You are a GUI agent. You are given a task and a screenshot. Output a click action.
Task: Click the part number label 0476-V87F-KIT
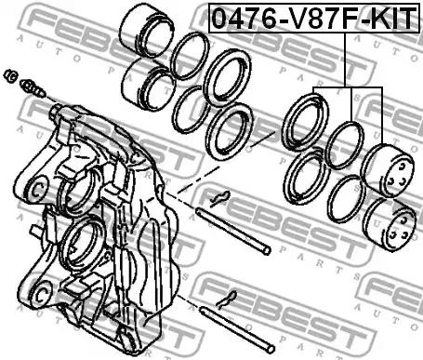point(314,18)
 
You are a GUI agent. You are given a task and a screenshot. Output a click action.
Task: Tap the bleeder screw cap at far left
point(10,76)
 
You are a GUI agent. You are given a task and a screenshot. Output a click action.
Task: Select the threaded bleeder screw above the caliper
point(33,88)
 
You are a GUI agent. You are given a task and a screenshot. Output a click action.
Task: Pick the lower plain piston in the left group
point(149,85)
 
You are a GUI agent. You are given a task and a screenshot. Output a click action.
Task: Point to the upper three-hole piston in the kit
point(387,170)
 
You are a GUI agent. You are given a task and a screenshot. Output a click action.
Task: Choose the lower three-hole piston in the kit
point(390,224)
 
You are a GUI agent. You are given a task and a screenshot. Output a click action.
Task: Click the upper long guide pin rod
point(233,232)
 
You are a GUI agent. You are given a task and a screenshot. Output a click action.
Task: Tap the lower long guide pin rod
point(237,329)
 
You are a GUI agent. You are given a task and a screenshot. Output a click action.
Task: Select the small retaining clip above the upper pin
point(220,198)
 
